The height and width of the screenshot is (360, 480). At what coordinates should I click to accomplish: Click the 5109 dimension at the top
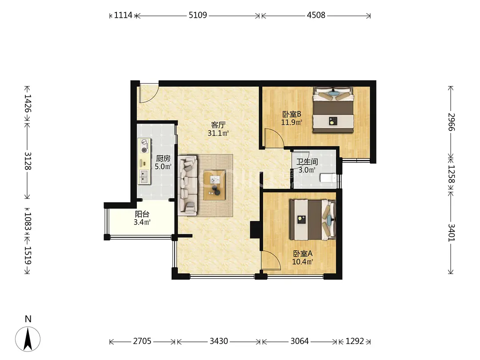click(198, 15)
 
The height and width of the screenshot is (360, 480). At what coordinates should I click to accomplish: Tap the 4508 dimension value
click(316, 15)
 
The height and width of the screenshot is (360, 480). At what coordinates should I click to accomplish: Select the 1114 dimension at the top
click(123, 15)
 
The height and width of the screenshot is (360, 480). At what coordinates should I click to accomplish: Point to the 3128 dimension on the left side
click(28, 161)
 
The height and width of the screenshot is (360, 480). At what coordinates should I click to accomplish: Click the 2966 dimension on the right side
click(452, 122)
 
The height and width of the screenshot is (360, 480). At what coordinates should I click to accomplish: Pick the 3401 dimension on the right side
click(452, 232)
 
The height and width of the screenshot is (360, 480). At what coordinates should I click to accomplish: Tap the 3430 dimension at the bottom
click(219, 341)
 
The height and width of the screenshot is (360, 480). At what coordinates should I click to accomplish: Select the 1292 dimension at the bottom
click(355, 341)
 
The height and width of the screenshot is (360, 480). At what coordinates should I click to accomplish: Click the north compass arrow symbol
click(28, 339)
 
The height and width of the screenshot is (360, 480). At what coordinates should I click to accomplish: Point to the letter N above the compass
click(28, 319)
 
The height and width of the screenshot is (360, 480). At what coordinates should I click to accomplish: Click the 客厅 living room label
click(218, 125)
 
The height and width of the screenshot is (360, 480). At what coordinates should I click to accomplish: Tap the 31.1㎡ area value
click(218, 133)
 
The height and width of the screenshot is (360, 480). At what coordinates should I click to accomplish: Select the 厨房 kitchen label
click(163, 158)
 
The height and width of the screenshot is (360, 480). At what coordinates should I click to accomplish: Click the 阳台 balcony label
click(142, 214)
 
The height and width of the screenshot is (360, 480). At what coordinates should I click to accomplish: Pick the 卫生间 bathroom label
click(307, 162)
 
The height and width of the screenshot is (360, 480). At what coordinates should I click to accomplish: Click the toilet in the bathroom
click(328, 178)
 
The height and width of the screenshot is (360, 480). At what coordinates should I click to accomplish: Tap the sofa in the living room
click(188, 185)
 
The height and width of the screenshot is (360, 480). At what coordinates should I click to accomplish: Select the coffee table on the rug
click(214, 185)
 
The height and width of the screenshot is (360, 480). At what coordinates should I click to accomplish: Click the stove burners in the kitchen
click(144, 146)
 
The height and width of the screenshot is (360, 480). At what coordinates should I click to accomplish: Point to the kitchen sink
click(144, 176)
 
